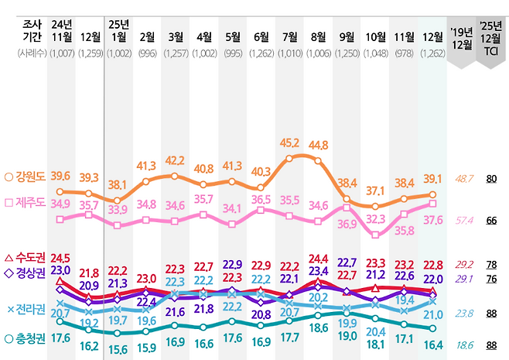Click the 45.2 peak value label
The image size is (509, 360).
tap(289, 142)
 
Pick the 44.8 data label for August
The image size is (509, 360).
tap(318, 145)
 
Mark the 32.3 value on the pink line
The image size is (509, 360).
tap(375, 220)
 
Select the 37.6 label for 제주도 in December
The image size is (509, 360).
tap(432, 219)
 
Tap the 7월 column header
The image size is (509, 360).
tap(289, 36)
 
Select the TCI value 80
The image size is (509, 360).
tap(490, 179)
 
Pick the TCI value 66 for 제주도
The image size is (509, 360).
tap(490, 221)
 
